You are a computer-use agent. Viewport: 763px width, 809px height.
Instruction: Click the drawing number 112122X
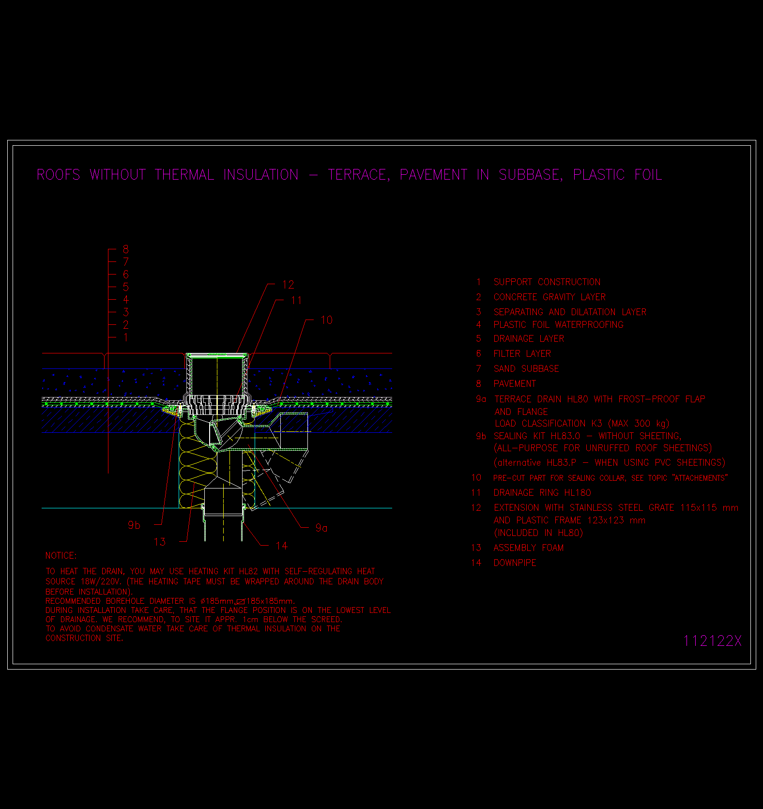click(x=712, y=641)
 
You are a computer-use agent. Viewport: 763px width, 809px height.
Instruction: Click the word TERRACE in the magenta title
click(x=359, y=175)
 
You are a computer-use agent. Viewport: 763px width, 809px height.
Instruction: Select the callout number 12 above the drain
click(x=288, y=285)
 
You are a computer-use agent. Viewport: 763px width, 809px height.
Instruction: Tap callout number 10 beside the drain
click(x=327, y=320)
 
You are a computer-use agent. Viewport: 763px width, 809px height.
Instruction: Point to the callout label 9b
click(x=134, y=525)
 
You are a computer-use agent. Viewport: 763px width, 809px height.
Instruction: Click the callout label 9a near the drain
click(x=321, y=528)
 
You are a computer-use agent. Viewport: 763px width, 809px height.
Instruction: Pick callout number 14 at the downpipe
click(x=281, y=546)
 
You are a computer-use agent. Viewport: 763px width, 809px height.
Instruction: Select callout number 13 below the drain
click(x=160, y=542)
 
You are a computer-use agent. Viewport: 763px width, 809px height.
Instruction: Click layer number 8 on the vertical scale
click(x=126, y=249)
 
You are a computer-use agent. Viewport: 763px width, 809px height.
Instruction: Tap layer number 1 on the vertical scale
click(x=126, y=337)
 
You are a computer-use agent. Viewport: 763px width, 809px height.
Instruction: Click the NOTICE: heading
click(x=61, y=555)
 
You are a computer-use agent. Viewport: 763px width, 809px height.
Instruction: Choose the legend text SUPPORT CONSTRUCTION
click(x=547, y=282)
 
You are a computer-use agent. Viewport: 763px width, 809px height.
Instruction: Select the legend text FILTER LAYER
click(x=522, y=353)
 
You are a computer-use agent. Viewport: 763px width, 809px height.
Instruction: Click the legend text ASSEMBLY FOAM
click(x=529, y=548)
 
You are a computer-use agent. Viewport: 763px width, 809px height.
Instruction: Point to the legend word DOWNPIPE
click(x=515, y=563)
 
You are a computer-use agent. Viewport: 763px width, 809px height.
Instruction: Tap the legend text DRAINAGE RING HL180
click(x=542, y=492)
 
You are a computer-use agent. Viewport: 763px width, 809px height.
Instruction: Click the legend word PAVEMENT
click(x=515, y=383)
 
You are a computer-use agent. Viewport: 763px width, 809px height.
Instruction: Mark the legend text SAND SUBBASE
click(x=526, y=368)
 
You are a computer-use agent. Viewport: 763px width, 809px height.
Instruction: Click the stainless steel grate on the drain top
click(x=217, y=355)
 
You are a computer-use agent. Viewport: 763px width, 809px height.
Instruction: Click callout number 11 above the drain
click(x=296, y=301)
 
